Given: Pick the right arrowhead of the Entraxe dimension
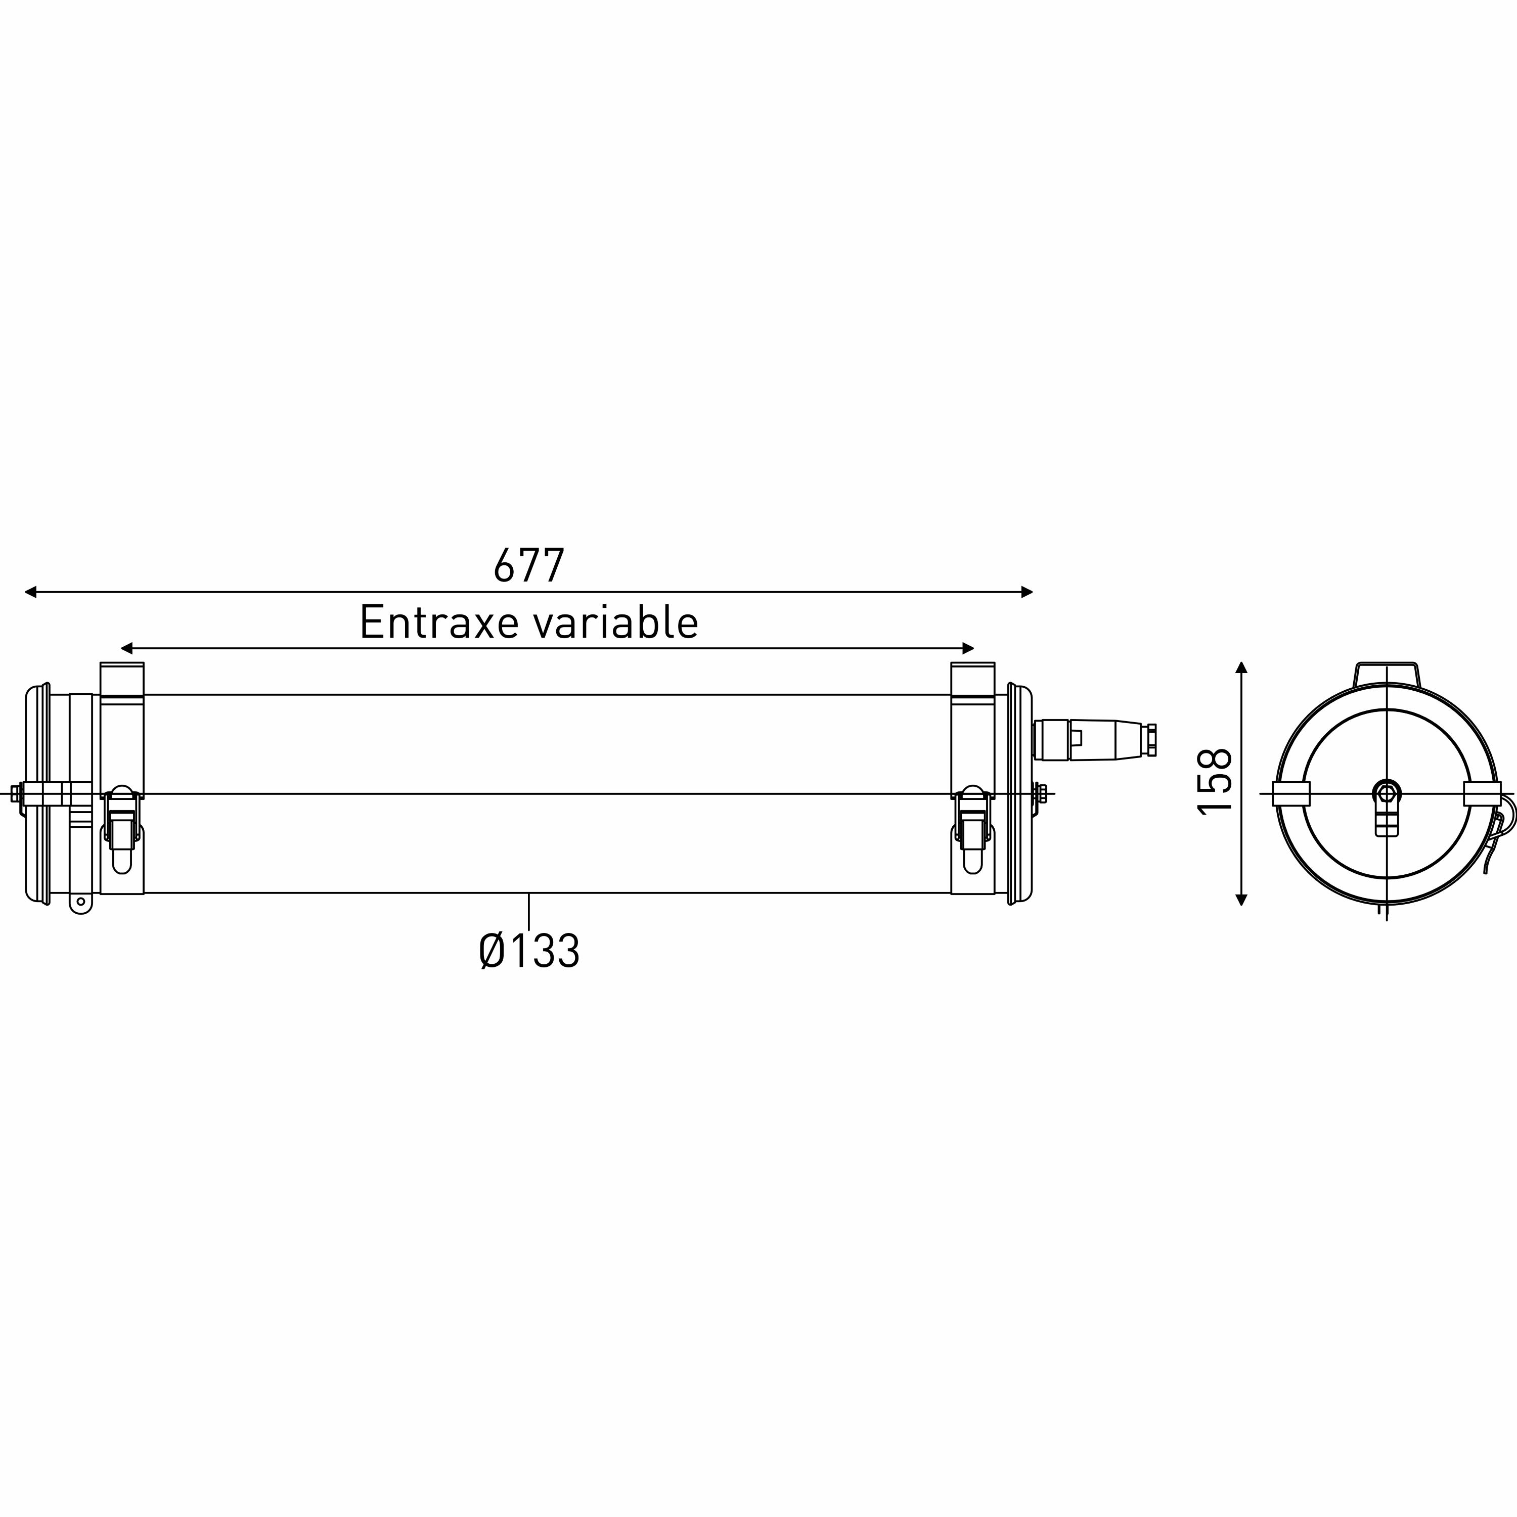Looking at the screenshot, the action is [x=968, y=649].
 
